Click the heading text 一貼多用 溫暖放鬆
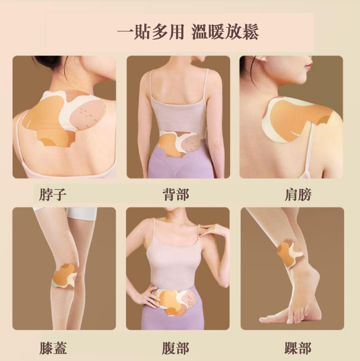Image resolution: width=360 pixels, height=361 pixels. (188, 32)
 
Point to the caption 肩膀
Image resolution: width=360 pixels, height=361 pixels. (298, 194)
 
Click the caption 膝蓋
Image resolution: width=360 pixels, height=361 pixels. (53, 348)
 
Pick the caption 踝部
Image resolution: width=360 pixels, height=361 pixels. (298, 348)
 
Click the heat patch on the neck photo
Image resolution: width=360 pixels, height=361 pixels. (63, 116)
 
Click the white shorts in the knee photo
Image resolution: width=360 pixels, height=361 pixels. (82, 213)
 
